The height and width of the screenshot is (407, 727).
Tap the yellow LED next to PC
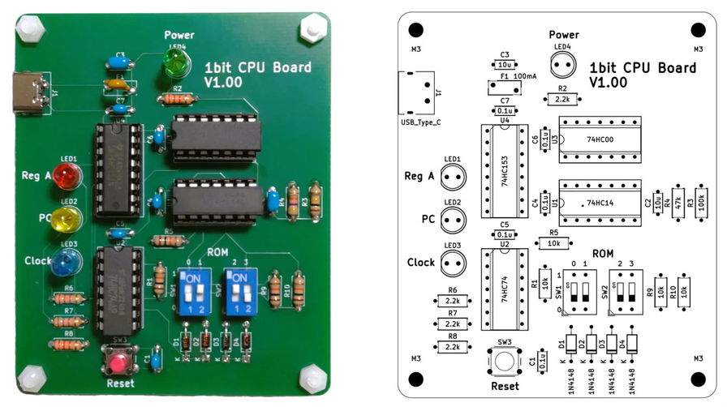pos(67,218)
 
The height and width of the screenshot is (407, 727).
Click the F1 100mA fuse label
pos(518,76)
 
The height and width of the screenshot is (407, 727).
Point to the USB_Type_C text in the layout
pos(421,122)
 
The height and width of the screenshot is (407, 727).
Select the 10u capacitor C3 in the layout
pos(504,64)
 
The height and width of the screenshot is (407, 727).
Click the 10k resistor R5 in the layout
pos(553,243)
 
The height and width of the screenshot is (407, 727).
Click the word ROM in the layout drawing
pos(602,254)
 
